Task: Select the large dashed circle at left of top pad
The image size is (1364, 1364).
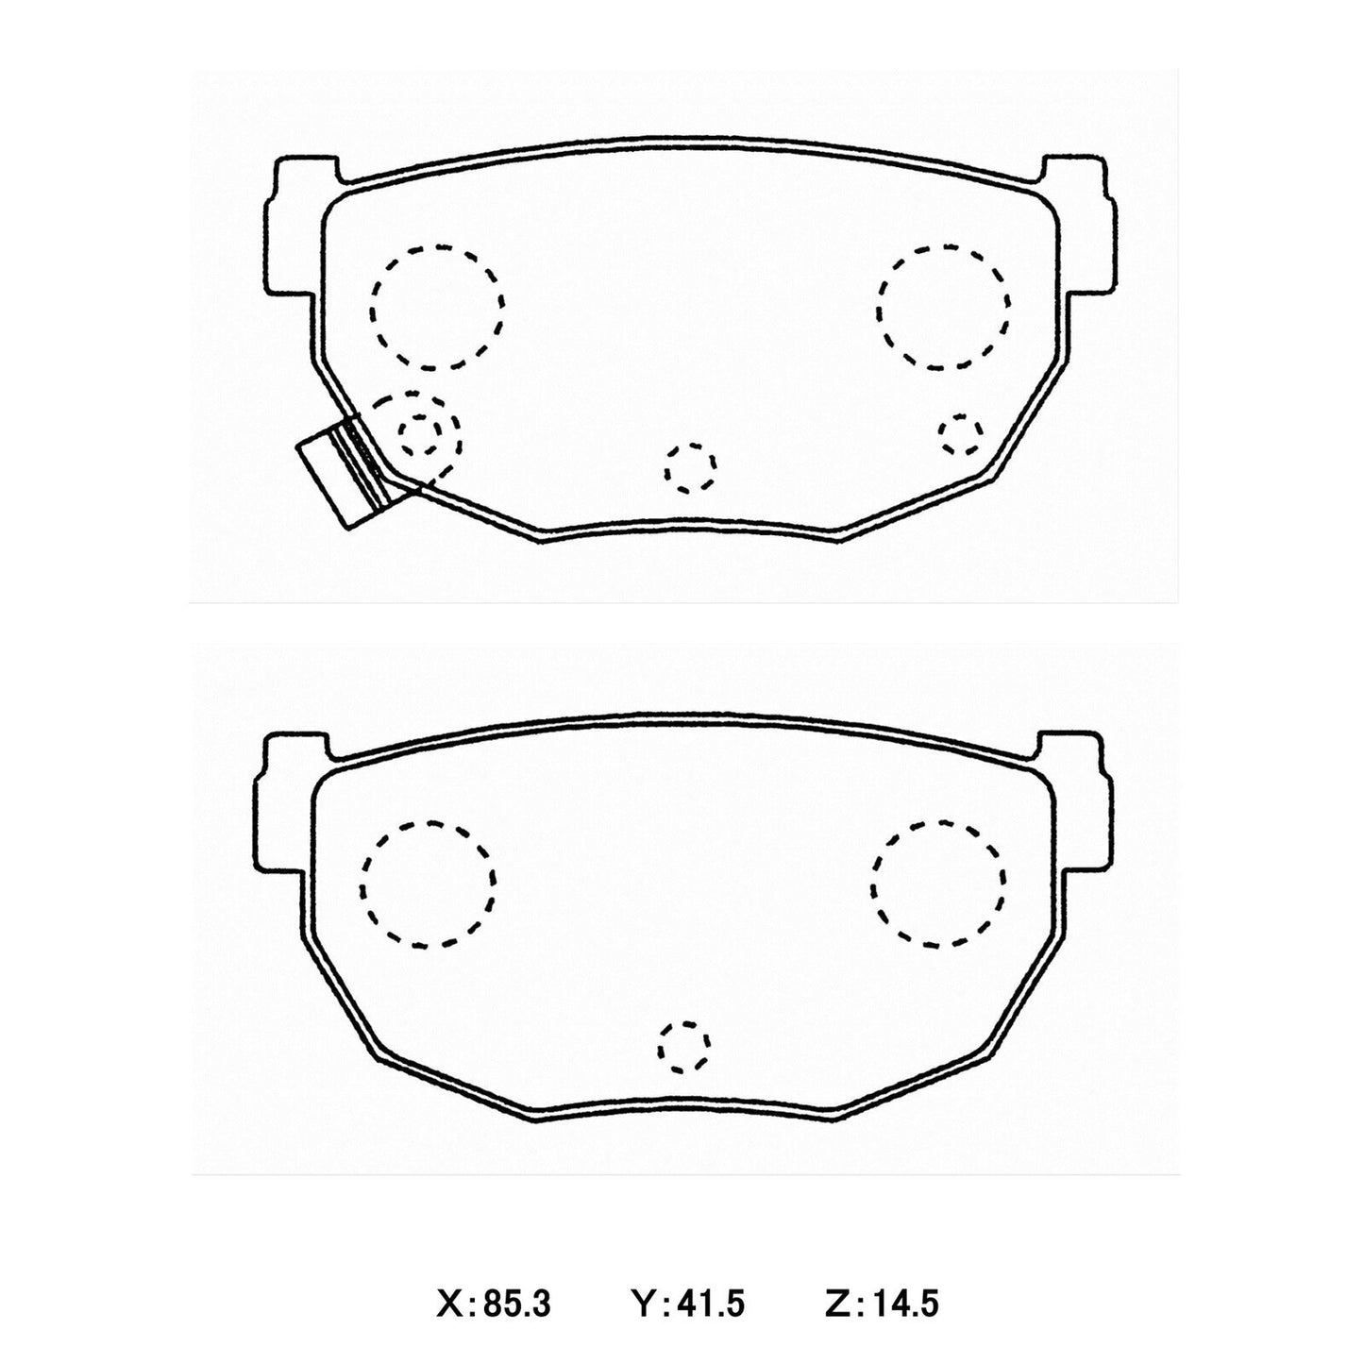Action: point(437,307)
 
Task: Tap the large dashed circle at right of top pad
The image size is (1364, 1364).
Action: point(943,307)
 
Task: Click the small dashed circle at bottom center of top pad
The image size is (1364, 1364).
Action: point(690,467)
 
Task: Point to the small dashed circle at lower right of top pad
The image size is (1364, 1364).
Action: point(960,432)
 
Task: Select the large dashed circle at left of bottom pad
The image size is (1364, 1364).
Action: point(427,883)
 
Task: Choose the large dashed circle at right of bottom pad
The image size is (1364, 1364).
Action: point(938,883)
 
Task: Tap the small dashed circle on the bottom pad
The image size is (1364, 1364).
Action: point(684,1046)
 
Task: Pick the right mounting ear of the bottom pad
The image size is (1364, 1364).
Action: point(1078,800)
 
